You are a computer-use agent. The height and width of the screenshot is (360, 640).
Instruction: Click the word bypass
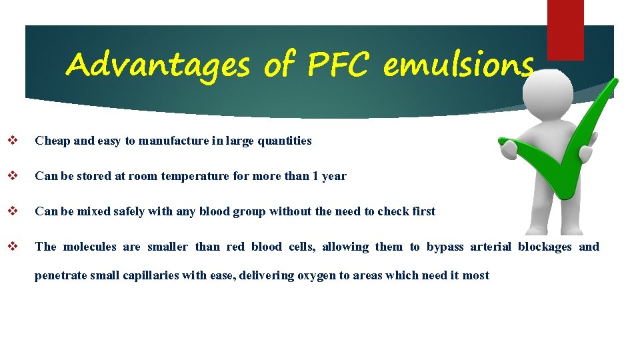coord(445,247)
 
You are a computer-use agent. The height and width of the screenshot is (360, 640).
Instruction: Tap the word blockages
coord(545,247)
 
